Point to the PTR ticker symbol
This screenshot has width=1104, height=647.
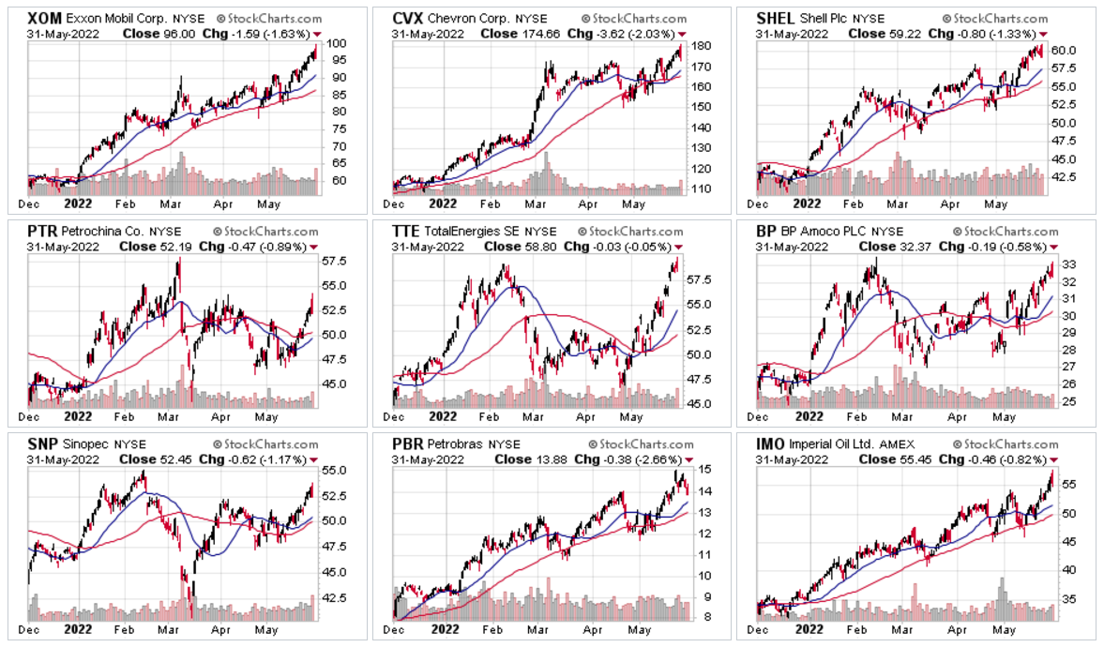[42, 231]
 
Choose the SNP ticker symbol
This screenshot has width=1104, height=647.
[42, 444]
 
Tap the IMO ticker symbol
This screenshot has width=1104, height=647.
[773, 444]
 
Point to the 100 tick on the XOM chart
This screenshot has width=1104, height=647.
[335, 43]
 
